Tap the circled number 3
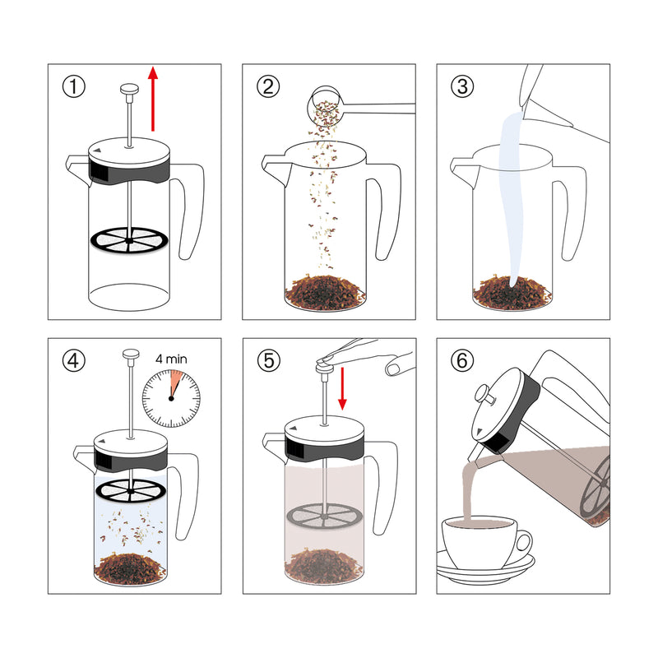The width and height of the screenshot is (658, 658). pyautogui.click(x=461, y=86)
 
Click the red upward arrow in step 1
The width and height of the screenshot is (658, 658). pyautogui.click(x=153, y=99)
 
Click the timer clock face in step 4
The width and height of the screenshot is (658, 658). pyautogui.click(x=171, y=397)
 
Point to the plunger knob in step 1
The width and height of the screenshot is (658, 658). pyautogui.click(x=129, y=88)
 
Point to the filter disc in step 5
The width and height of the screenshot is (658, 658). pyautogui.click(x=322, y=518)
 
